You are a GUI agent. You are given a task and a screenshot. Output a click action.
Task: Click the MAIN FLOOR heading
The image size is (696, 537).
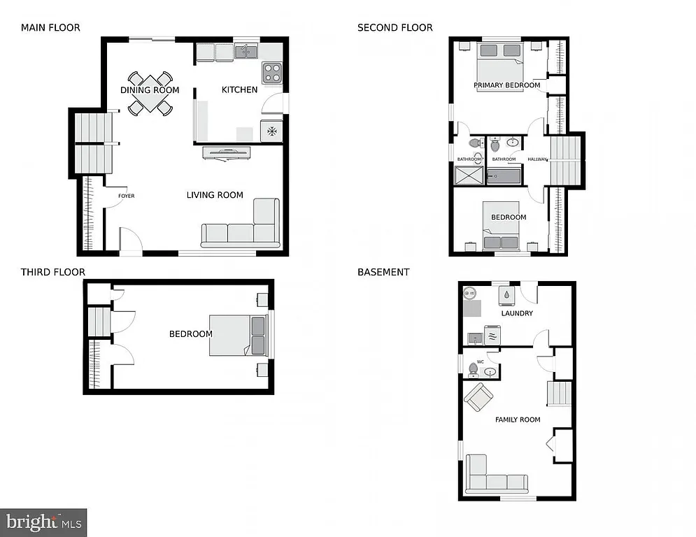50,28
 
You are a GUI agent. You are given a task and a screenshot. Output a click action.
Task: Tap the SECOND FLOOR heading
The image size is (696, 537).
395,28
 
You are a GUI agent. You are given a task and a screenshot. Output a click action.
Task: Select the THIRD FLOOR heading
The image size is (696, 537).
52,272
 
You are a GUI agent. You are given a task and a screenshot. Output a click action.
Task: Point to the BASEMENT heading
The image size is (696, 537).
383,272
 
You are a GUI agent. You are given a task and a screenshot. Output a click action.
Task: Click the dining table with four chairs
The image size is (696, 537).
150,93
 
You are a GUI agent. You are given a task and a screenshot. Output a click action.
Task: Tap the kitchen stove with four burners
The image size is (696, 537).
271,73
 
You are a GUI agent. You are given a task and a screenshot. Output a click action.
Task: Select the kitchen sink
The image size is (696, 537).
246,52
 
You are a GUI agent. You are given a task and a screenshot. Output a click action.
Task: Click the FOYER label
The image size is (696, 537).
126,196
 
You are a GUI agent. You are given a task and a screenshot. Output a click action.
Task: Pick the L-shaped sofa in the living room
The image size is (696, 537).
241,227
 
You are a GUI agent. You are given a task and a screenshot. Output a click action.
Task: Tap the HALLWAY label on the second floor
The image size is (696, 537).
537,159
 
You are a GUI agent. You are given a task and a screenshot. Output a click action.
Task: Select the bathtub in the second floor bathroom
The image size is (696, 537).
504,175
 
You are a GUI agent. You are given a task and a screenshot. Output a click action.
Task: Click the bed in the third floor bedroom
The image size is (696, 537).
239,336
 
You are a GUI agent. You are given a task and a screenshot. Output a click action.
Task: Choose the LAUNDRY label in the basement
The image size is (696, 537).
517,313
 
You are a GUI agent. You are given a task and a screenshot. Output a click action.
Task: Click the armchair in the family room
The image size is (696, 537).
479,398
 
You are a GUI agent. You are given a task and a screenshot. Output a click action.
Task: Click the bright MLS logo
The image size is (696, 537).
43,522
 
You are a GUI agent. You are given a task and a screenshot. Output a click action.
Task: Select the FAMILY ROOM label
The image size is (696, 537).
518,420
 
